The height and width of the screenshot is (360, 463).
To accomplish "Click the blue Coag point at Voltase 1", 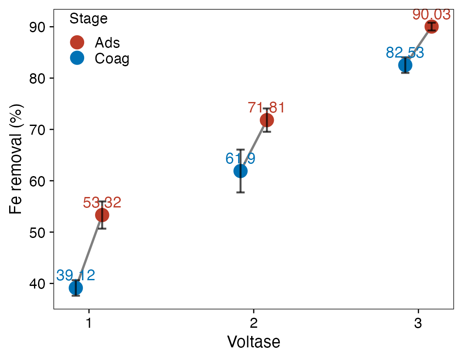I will click(x=75, y=288).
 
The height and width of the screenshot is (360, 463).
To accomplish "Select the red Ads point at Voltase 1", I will click(x=102, y=215).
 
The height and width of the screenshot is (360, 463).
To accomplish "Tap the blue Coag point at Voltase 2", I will click(x=240, y=171).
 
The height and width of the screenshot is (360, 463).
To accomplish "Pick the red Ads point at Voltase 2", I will click(x=266, y=120).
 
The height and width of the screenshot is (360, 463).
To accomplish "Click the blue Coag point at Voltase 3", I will click(x=405, y=65).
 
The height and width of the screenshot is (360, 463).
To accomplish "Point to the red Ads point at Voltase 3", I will click(x=431, y=27).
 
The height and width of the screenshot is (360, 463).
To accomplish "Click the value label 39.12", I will click(x=75, y=275).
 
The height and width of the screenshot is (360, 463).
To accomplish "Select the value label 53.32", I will click(x=102, y=203).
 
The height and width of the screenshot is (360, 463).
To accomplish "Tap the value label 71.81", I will click(x=266, y=108).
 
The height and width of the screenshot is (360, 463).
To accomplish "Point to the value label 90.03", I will click(x=431, y=14).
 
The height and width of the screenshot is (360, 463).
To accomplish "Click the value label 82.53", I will click(x=405, y=53).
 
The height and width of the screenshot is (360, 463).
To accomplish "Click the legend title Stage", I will click(x=89, y=19).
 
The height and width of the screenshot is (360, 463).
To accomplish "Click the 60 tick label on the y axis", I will click(x=38, y=181).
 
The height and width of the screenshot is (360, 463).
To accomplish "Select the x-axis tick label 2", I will click(x=253, y=324).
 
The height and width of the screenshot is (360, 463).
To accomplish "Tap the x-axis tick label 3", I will click(x=418, y=324).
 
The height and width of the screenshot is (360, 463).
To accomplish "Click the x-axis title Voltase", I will click(x=253, y=342).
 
